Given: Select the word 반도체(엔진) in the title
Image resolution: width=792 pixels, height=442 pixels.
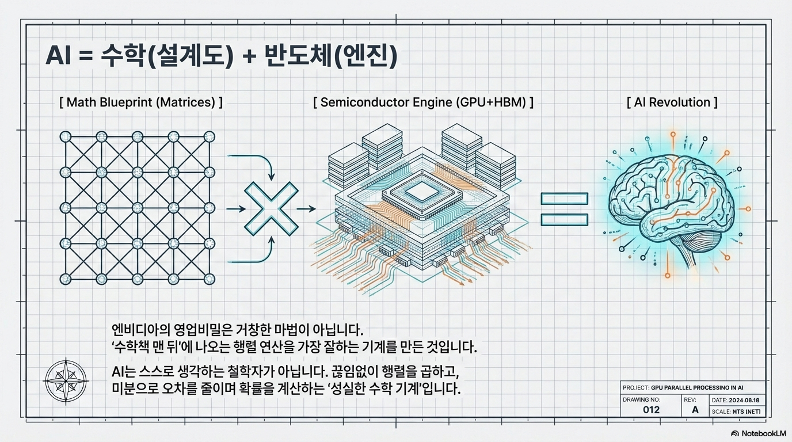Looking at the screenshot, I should [x=331, y=58].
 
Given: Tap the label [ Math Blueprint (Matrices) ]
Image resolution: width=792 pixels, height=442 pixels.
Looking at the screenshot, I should [x=141, y=103].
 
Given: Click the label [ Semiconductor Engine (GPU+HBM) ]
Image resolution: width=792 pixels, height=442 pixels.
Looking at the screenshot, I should [x=423, y=102].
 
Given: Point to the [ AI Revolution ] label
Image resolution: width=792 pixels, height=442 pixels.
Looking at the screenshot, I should [x=672, y=102].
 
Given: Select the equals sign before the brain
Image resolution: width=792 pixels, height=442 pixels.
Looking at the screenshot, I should [x=564, y=209].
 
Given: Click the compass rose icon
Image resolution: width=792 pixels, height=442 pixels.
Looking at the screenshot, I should [x=66, y=380].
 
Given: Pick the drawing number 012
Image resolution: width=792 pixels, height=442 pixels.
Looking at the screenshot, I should [x=650, y=410].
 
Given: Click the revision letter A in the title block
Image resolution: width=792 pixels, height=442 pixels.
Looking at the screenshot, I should [x=695, y=410].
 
